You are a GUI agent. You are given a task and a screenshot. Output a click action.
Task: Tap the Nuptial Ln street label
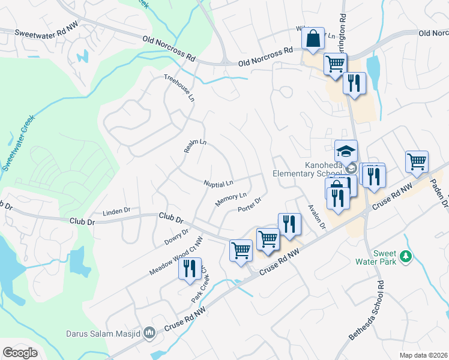(x=218, y=182)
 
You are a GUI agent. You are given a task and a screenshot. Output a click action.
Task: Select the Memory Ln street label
(x=231, y=199)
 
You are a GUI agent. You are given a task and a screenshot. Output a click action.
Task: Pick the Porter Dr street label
(x=250, y=205)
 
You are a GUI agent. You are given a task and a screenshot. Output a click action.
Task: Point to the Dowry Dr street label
(x=176, y=237)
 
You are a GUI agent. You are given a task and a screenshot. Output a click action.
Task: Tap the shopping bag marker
(x=313, y=40)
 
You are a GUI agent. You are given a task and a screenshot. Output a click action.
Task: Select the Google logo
(x=20, y=353)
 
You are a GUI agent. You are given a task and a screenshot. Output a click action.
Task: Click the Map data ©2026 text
(x=423, y=355)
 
